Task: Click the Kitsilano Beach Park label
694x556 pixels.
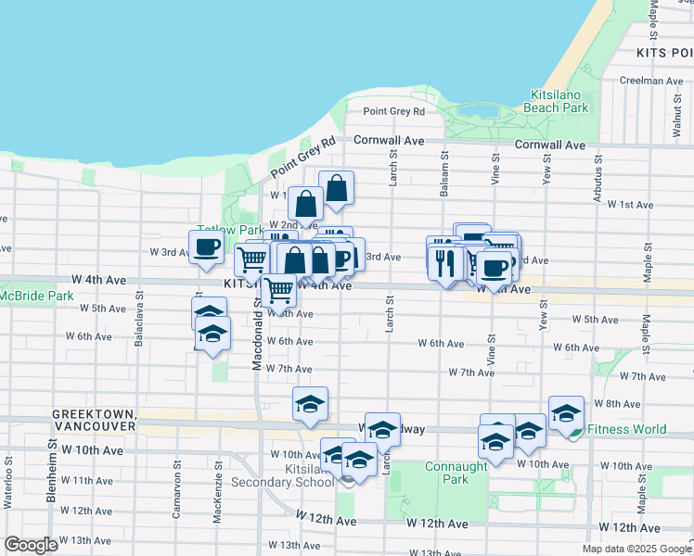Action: tap(559, 101)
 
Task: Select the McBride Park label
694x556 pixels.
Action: tap(36, 296)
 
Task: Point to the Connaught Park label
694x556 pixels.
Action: tap(456, 473)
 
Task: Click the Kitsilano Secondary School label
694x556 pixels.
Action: tap(294, 476)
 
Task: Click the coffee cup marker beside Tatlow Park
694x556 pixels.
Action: tap(206, 246)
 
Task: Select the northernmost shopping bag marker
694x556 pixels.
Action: tap(336, 188)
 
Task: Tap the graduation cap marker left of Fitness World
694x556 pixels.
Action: tap(529, 430)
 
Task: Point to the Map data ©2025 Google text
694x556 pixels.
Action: tap(636, 549)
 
